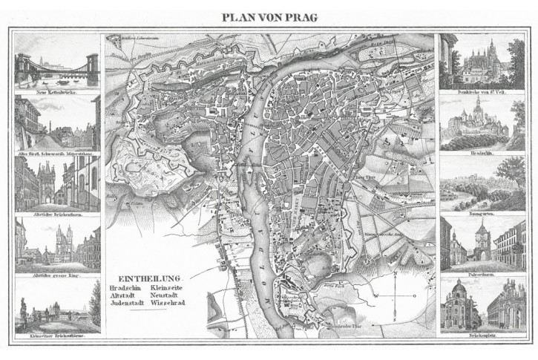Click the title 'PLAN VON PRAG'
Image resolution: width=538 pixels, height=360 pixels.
pyautogui.click(x=269, y=17)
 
